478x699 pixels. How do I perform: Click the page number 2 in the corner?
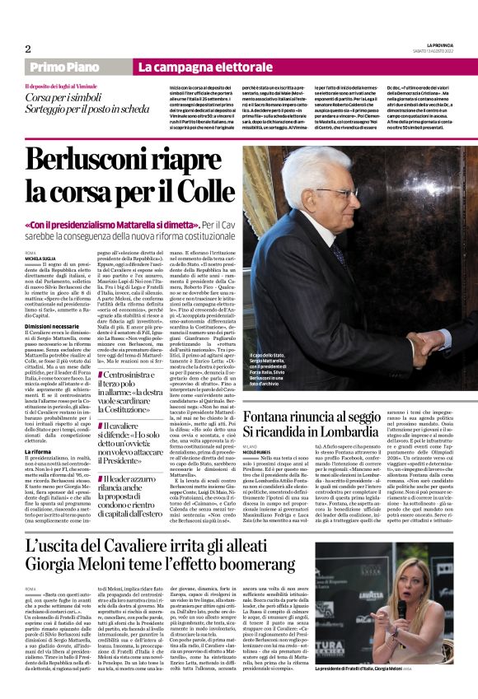(x=28, y=49)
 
